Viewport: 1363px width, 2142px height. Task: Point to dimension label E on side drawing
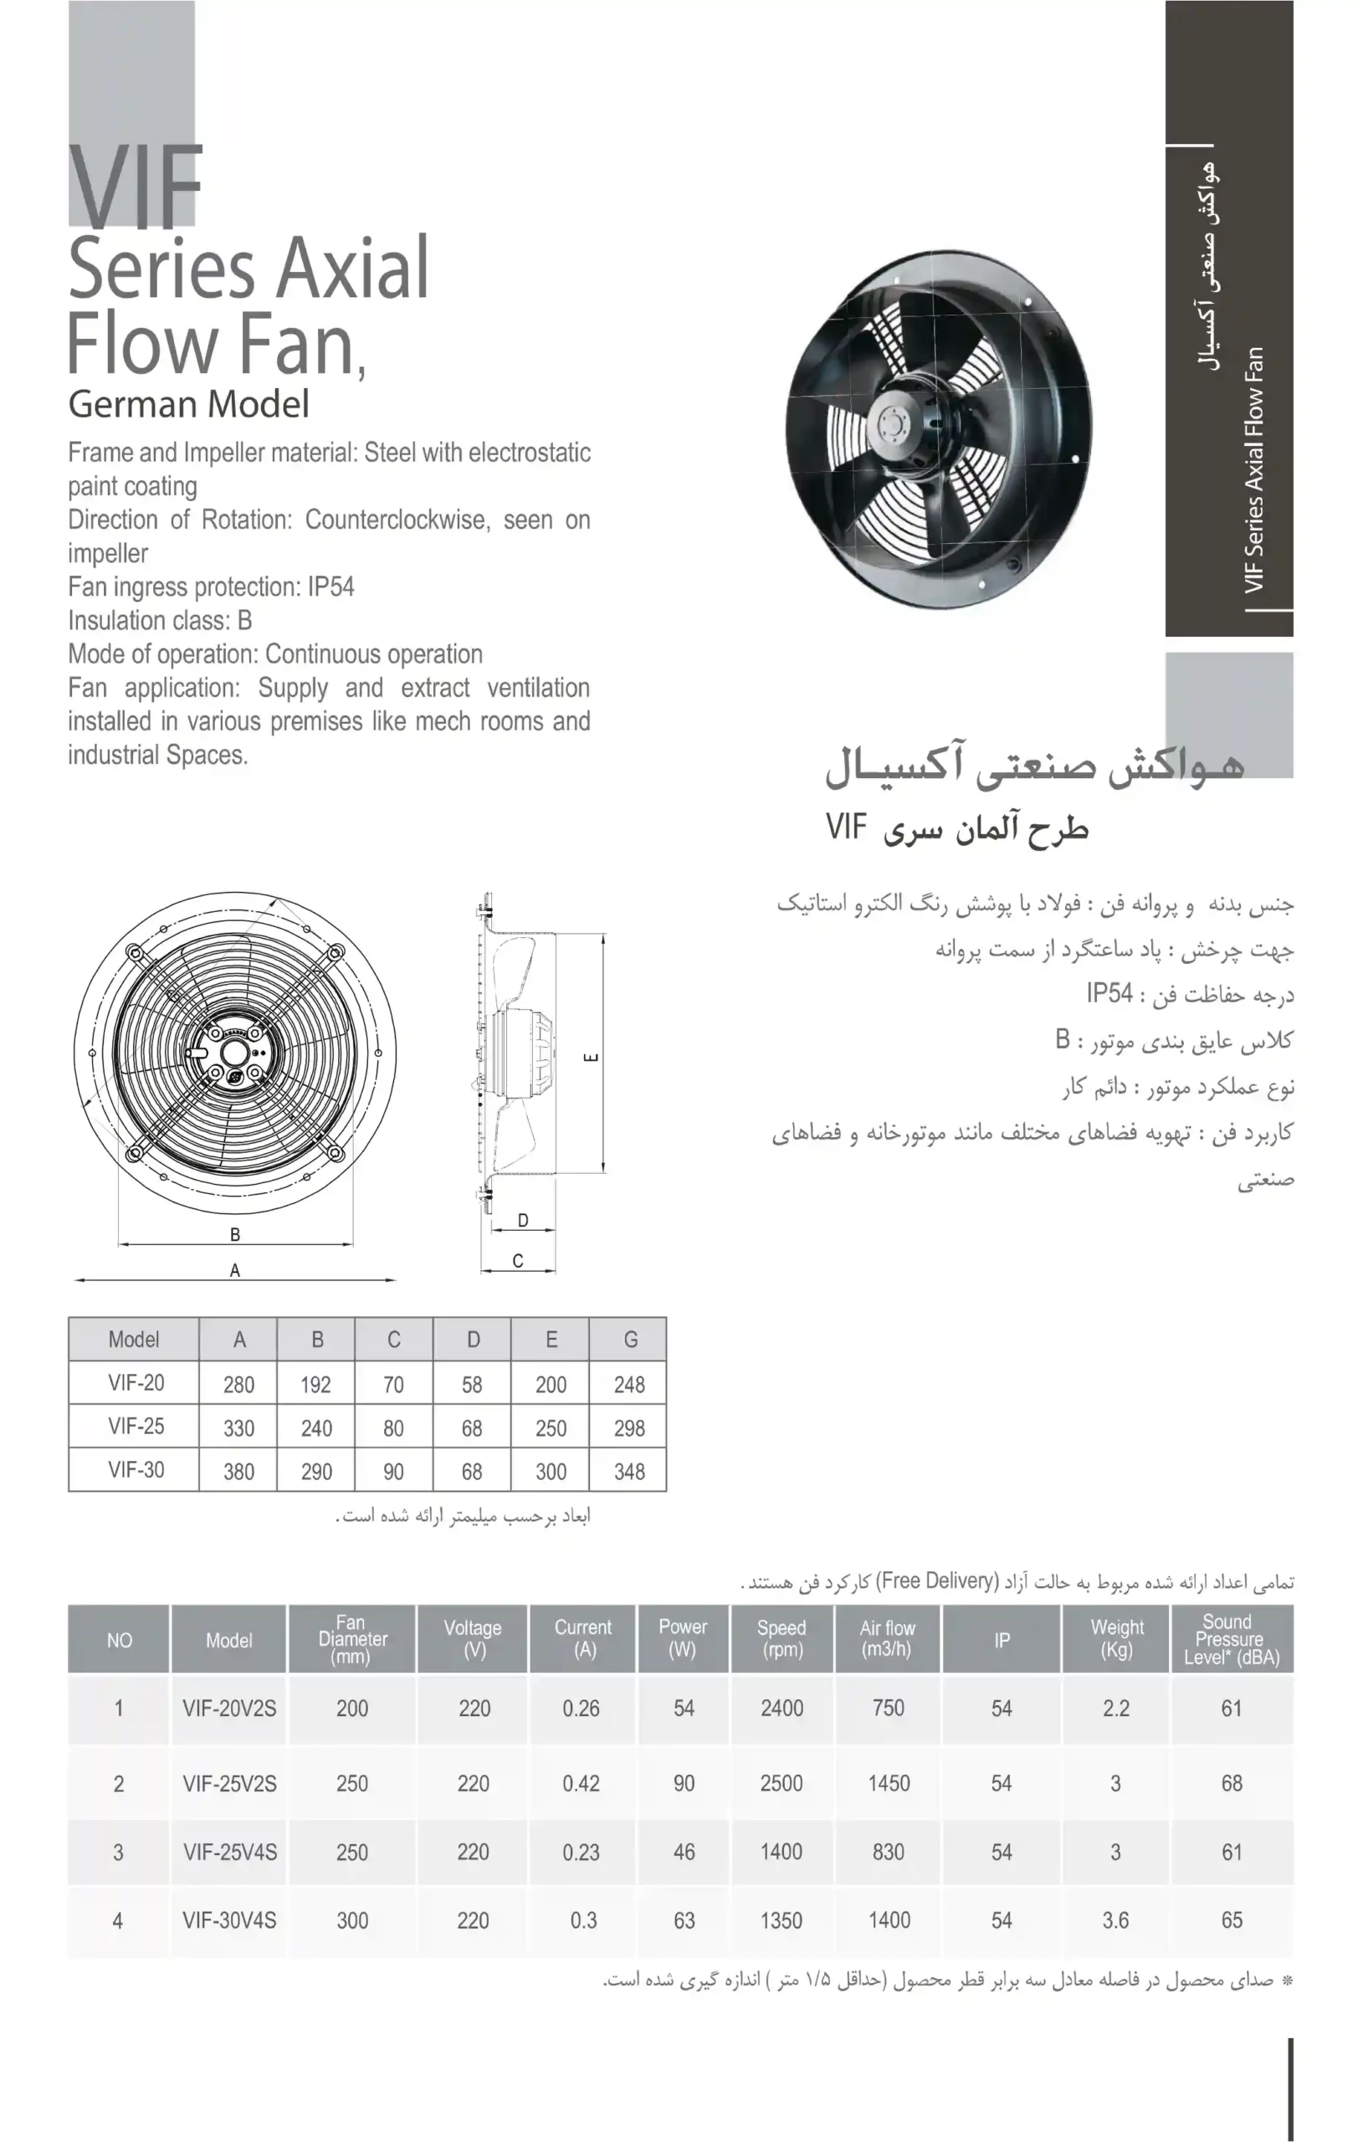coord(591,1057)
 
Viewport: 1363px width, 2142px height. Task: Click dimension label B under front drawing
coord(235,1234)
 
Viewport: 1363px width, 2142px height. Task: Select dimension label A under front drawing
coord(235,1270)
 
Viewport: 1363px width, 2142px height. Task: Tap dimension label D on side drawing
coord(523,1221)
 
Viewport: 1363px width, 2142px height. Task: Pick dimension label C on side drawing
coord(518,1260)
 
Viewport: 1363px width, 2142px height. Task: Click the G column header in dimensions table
coord(630,1340)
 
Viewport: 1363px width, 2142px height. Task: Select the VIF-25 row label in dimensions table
coord(136,1427)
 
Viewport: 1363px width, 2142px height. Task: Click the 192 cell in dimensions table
coord(315,1385)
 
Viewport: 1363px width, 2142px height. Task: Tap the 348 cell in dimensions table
coord(629,1472)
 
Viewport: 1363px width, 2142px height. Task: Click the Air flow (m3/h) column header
coord(887,1638)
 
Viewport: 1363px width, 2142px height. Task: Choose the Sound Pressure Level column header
coord(1231,1638)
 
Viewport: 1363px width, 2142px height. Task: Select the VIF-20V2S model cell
coord(229,1709)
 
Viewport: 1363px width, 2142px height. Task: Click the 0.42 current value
coord(581,1784)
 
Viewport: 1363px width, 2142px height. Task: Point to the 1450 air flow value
coord(889,1784)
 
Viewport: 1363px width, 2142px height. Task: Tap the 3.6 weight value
coord(1115,1920)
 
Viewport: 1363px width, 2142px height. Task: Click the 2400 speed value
coord(781,1709)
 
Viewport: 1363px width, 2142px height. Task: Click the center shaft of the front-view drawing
coord(235,1052)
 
